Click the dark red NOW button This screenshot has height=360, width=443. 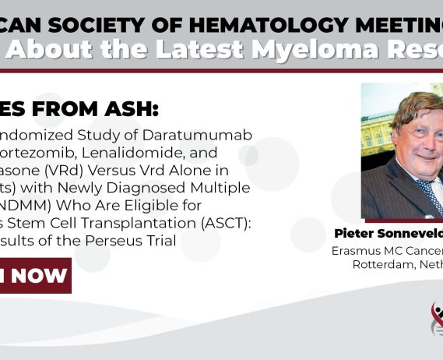point(35,275)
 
